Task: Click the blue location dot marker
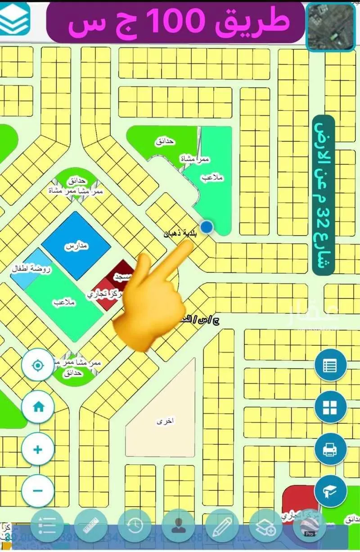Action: [x=207, y=227]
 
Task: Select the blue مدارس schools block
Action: [x=76, y=246]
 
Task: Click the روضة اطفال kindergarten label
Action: [x=31, y=269]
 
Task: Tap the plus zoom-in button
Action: [x=38, y=449]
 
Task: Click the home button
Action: [x=38, y=407]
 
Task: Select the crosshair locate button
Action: [x=38, y=364]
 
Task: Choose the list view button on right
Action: [x=330, y=365]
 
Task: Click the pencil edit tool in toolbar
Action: [x=222, y=525]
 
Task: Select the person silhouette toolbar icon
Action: [x=178, y=525]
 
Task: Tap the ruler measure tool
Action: [x=91, y=525]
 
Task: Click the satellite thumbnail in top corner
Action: [x=331, y=27]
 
